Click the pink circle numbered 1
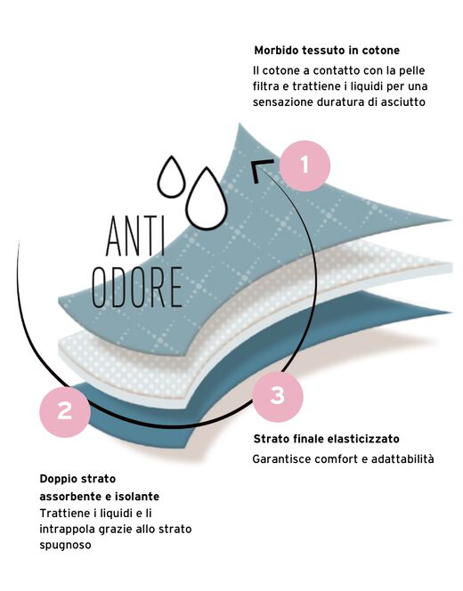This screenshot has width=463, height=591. point(305,166)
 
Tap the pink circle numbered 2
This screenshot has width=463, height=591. point(65,411)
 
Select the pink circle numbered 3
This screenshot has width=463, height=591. point(278,396)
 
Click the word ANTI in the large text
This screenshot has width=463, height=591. point(135,237)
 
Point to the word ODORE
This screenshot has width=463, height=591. point(138,287)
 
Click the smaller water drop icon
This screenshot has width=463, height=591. point(172,176)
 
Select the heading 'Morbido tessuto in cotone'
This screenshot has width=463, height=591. point(327,50)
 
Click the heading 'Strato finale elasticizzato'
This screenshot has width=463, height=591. point(326,439)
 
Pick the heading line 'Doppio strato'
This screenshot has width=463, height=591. point(77,479)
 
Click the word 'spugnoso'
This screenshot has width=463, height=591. point(65,545)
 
